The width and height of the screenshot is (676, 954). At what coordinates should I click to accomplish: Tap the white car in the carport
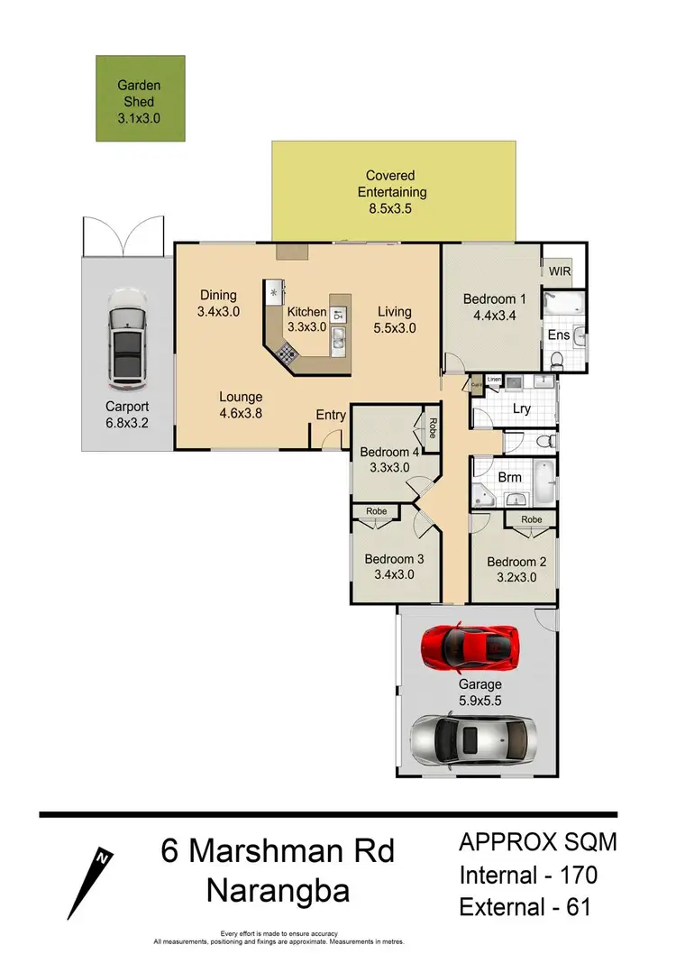tap(125, 335)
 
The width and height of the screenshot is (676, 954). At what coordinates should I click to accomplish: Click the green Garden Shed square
tap(142, 98)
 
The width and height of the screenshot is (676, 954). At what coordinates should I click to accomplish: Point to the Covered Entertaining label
tap(396, 184)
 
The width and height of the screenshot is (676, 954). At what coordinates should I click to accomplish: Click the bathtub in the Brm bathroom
tap(544, 482)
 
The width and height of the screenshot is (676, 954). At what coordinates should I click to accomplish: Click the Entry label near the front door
tap(330, 415)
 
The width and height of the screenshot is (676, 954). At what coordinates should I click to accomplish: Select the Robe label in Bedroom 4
tap(433, 424)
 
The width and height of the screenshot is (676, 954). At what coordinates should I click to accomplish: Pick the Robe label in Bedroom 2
tap(531, 520)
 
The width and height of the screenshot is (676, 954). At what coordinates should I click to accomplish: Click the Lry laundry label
tap(521, 408)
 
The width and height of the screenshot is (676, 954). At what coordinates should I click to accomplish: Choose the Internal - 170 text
tap(528, 874)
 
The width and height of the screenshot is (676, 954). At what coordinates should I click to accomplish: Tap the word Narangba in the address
tap(278, 890)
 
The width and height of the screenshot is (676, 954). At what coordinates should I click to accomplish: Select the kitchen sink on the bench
tap(338, 339)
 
